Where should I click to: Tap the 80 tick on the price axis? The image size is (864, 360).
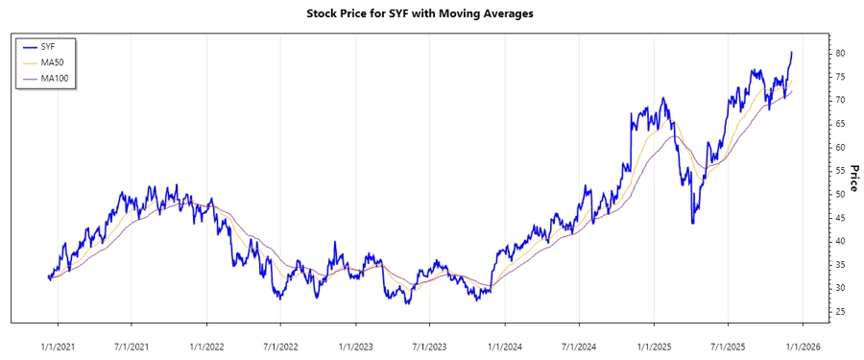pyautogui.click(x=812, y=53)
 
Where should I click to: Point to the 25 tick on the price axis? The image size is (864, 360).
pyautogui.click(x=812, y=312)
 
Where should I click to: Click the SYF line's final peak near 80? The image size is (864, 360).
pyautogui.click(x=792, y=53)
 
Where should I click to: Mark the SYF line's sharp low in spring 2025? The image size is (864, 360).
pyautogui.click(x=693, y=223)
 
